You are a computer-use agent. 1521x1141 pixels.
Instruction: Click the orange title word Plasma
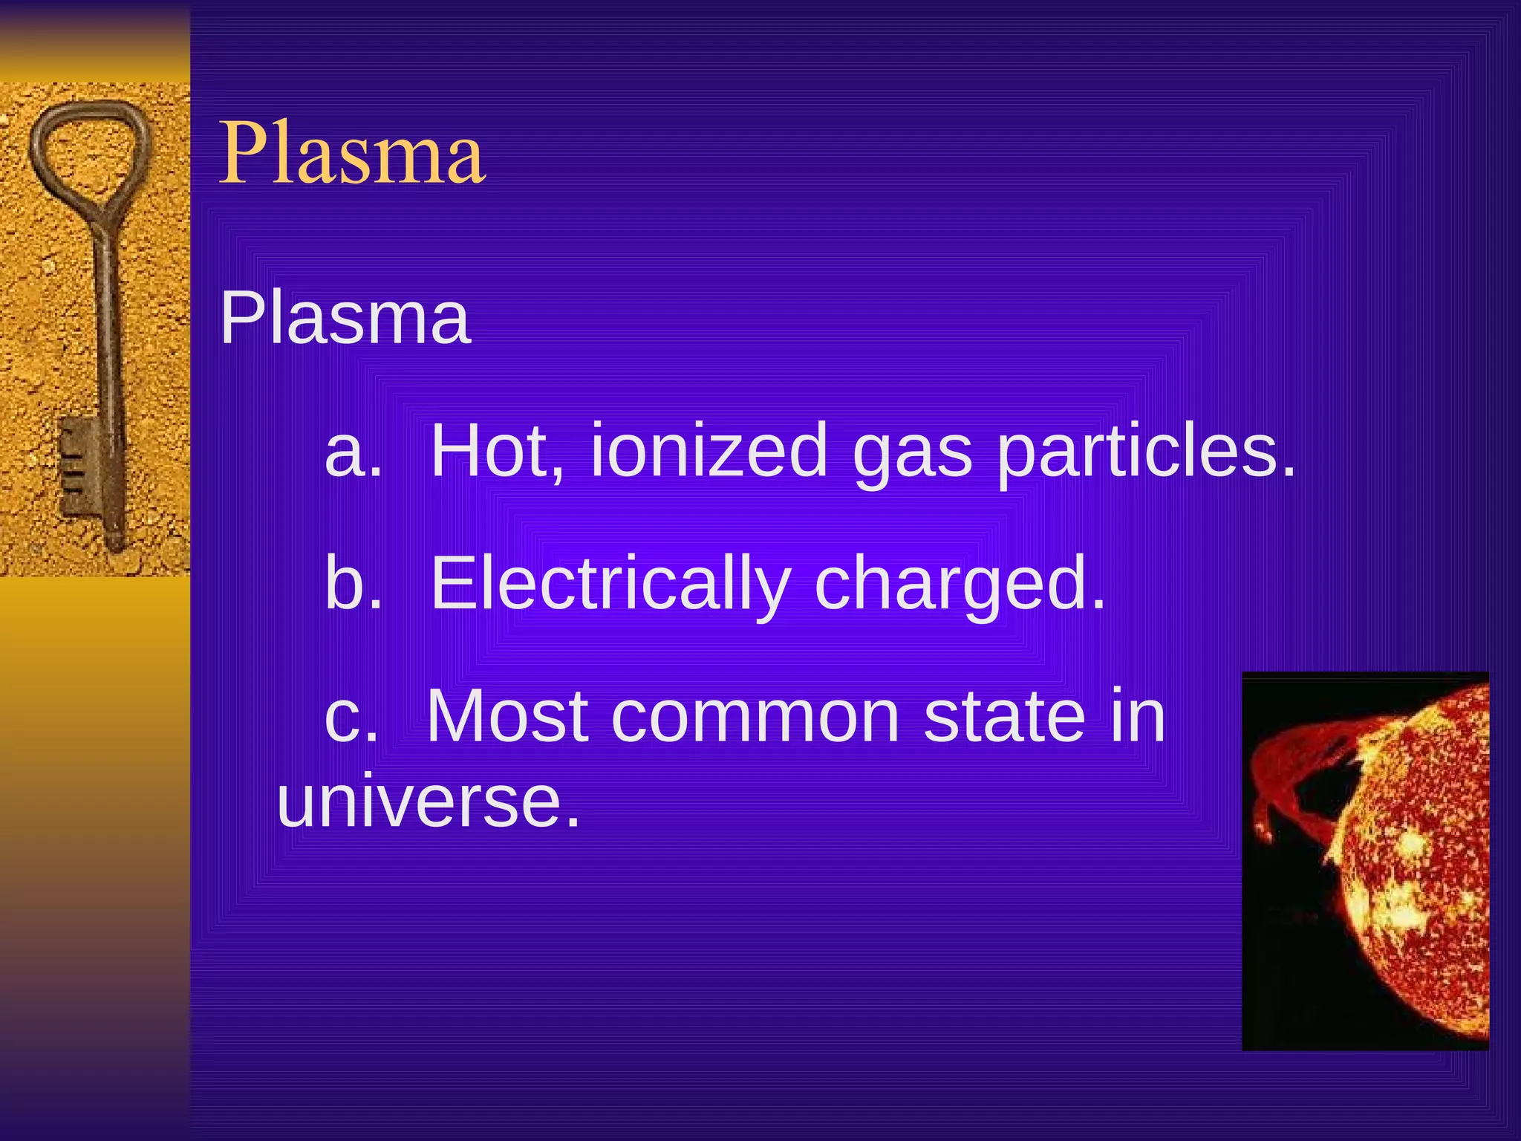coord(352,154)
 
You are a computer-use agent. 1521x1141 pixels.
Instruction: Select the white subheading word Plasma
coord(345,319)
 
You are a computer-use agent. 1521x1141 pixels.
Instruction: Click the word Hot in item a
coord(497,450)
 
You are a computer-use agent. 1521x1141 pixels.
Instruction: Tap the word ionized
coord(709,450)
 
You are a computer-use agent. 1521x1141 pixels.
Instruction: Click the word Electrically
coord(610,584)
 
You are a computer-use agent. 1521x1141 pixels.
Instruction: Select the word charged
coord(960,585)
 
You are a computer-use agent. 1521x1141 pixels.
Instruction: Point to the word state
coord(1004,716)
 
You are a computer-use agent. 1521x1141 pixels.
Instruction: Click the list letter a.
coord(352,452)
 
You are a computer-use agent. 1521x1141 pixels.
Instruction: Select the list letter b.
coord(352,584)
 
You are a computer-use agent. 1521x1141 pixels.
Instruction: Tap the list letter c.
coord(351,718)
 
